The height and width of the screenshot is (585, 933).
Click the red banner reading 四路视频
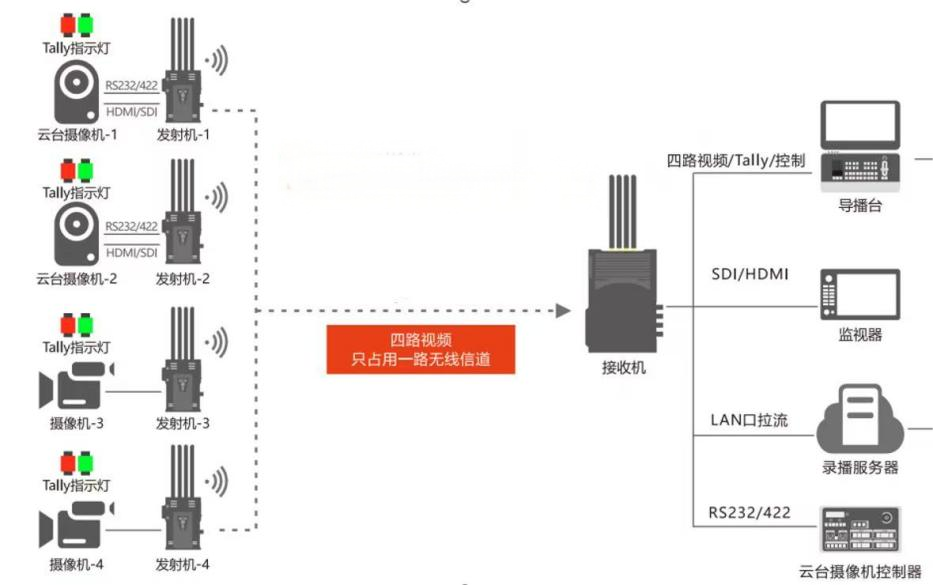[x=420, y=349]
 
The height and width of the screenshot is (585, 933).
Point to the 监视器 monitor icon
[x=859, y=294]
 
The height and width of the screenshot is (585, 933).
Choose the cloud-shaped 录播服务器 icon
[x=860, y=420]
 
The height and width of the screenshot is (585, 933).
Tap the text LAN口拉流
[x=748, y=420]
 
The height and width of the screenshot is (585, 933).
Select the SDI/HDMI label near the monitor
[x=750, y=273]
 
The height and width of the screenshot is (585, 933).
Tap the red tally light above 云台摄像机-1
[x=68, y=22]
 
